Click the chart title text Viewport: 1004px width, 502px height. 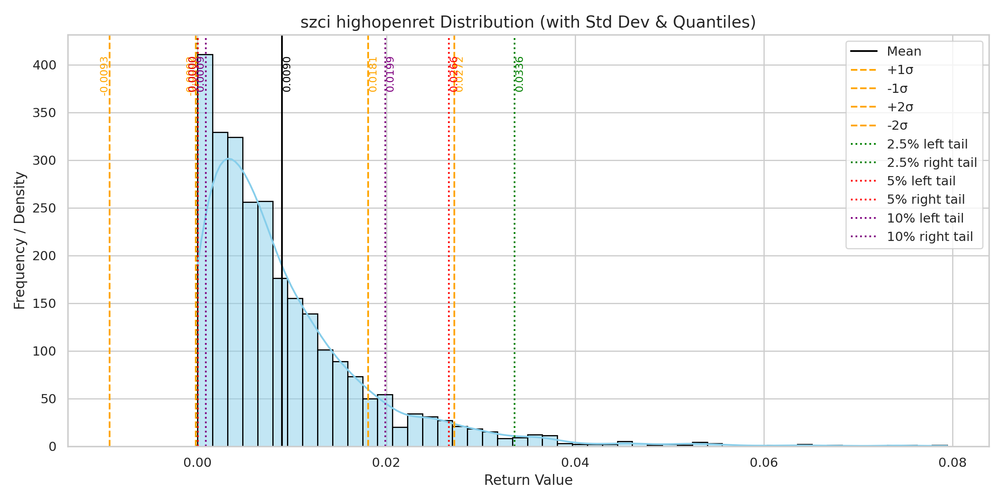528,22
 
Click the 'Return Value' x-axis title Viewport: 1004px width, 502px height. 528,480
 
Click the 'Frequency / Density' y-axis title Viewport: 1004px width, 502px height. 20,241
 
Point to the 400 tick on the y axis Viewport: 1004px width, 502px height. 44,65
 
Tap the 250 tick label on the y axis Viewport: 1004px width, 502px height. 44,208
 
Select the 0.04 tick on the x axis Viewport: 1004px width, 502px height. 575,463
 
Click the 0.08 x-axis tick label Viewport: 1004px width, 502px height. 953,463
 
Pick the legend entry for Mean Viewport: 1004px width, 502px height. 904,51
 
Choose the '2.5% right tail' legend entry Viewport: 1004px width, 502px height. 932,162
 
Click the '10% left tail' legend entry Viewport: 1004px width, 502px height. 925,218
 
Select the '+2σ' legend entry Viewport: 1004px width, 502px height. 900,107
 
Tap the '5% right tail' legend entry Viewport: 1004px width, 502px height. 926,200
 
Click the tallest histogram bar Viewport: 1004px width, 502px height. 205,251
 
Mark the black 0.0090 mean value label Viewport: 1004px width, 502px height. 287,74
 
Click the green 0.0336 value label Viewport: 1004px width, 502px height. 519,74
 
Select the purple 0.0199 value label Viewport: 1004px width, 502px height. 390,74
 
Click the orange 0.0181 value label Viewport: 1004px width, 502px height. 373,74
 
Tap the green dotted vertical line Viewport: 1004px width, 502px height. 515,251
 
